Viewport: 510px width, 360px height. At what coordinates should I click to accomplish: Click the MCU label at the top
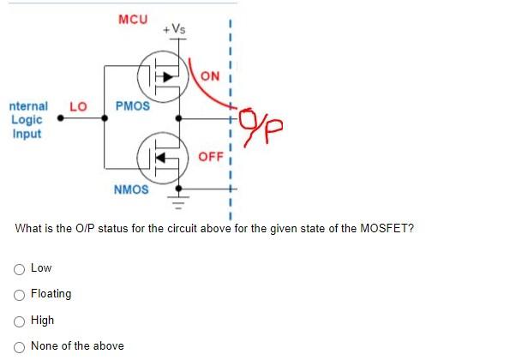pos(132,18)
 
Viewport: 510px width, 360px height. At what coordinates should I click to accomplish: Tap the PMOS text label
pos(132,106)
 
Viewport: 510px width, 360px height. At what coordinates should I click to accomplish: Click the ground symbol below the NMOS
pos(178,204)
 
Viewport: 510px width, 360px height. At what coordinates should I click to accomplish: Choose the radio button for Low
pos(18,268)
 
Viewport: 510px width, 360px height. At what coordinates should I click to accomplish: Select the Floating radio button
pos(18,294)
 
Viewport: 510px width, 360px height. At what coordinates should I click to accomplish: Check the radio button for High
pos(18,320)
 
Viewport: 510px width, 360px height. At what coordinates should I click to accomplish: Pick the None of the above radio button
pos(18,346)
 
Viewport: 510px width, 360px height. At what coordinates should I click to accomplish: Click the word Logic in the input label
pos(27,120)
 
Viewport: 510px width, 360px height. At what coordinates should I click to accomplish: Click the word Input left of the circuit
pos(27,134)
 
